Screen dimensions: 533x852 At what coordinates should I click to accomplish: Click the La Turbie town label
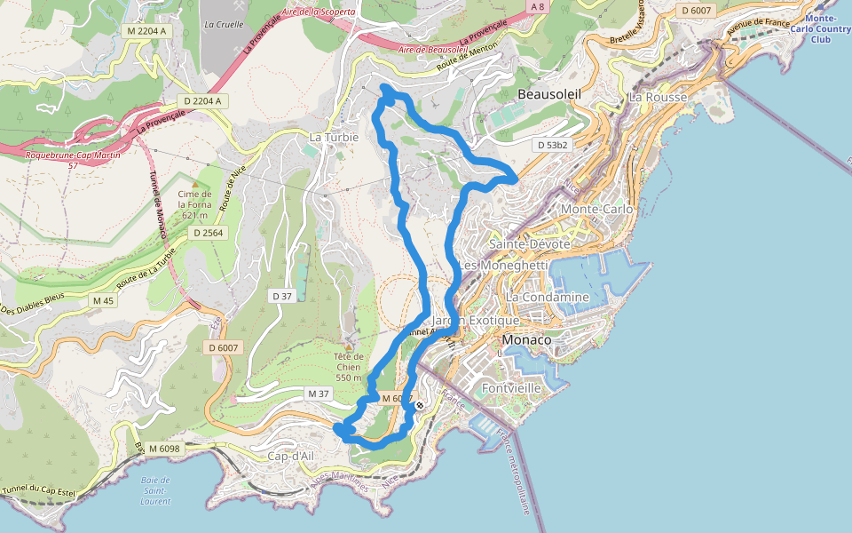pyautogui.click(x=334, y=138)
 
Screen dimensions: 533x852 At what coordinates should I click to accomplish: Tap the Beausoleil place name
pyautogui.click(x=548, y=93)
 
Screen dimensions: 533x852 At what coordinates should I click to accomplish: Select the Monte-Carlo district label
pyautogui.click(x=596, y=209)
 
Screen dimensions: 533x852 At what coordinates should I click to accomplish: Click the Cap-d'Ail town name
pyautogui.click(x=292, y=456)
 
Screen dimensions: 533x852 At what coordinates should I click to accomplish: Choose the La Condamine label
pyautogui.click(x=548, y=297)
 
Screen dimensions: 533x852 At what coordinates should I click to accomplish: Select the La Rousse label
pyautogui.click(x=658, y=97)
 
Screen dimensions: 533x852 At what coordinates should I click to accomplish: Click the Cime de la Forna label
pyautogui.click(x=193, y=204)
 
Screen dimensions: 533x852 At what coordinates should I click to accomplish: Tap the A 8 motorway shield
pyautogui.click(x=537, y=6)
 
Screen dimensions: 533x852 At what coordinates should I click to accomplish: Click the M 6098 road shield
pyautogui.click(x=164, y=449)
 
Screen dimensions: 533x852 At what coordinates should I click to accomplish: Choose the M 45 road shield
pyautogui.click(x=103, y=300)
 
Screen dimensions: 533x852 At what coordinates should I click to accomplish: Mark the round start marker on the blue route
pyautogui.click(x=419, y=405)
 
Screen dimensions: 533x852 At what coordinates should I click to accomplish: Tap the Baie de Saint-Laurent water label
pyautogui.click(x=155, y=491)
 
